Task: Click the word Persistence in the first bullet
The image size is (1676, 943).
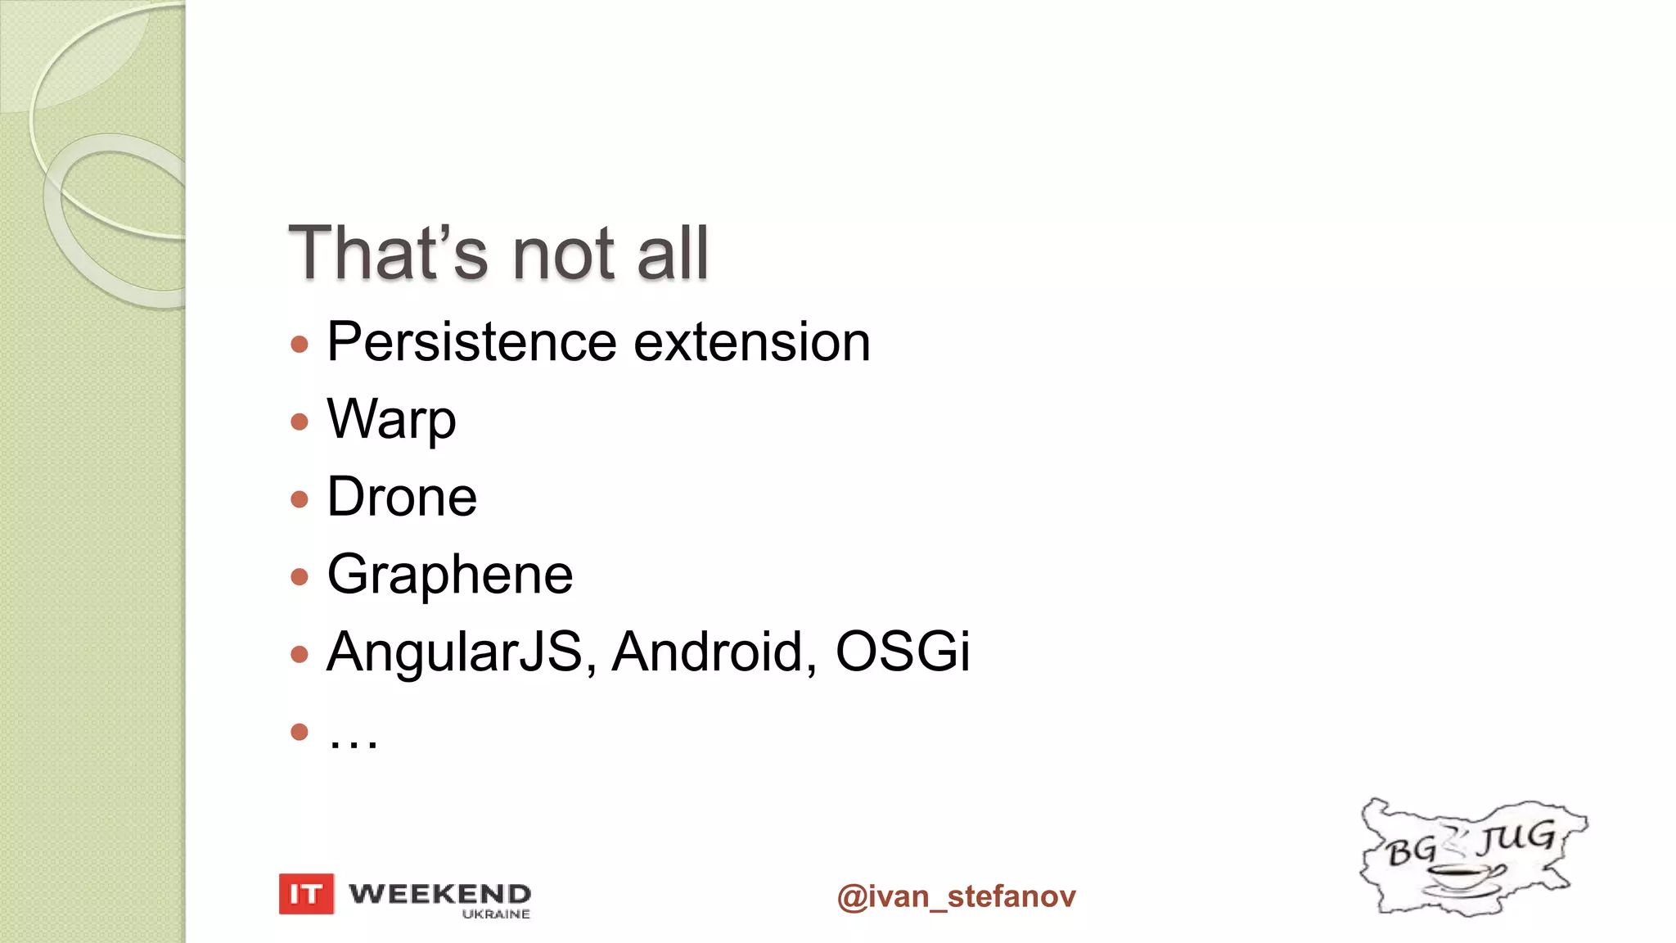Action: pos(471,342)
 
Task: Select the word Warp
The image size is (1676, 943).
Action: pos(391,420)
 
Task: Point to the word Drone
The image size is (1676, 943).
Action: pos(402,497)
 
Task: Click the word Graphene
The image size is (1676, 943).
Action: pos(449,575)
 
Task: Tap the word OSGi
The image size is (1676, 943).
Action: pos(902,652)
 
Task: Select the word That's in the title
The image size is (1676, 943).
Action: pos(388,253)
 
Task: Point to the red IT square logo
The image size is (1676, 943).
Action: pos(306,894)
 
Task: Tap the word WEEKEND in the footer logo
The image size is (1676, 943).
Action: pos(440,893)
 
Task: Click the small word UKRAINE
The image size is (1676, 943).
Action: pos(496,914)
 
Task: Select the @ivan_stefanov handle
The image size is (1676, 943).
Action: pos(956,896)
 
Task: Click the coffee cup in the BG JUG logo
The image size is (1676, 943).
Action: pos(1462,876)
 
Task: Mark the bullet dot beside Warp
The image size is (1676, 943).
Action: pos(300,422)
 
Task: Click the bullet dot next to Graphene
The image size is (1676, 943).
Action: pos(300,576)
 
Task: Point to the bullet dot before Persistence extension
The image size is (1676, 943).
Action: pos(300,344)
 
